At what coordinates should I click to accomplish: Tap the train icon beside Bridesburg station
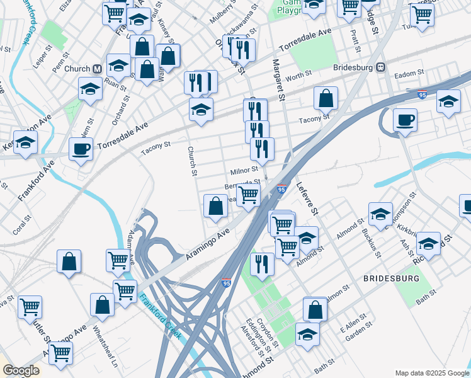pyautogui.click(x=381, y=67)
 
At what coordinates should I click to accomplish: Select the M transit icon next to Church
pyautogui.click(x=98, y=69)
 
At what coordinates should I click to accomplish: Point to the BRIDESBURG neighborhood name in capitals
pyautogui.click(x=390, y=278)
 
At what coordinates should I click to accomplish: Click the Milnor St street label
pyautogui.click(x=244, y=170)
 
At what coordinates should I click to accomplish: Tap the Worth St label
pyautogui.click(x=298, y=76)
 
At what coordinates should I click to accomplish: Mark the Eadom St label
pyautogui.click(x=406, y=74)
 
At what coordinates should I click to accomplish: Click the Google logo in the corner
pyautogui.click(x=21, y=370)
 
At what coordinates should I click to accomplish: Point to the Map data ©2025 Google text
pyautogui.click(x=431, y=373)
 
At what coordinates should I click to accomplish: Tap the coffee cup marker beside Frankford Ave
pyautogui.click(x=81, y=151)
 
